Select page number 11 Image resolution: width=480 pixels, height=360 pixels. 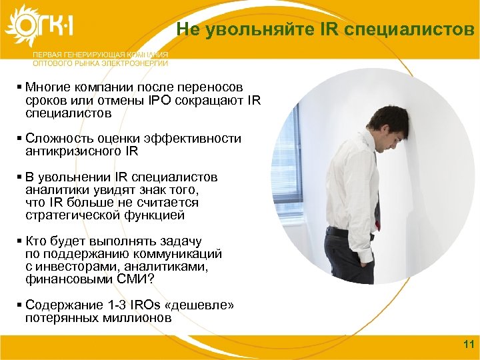(x=467, y=345)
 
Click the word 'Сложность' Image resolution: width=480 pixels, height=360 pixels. (x=56, y=139)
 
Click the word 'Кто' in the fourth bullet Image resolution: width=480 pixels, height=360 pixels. (x=35, y=241)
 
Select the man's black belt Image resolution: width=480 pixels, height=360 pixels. (x=347, y=231)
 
